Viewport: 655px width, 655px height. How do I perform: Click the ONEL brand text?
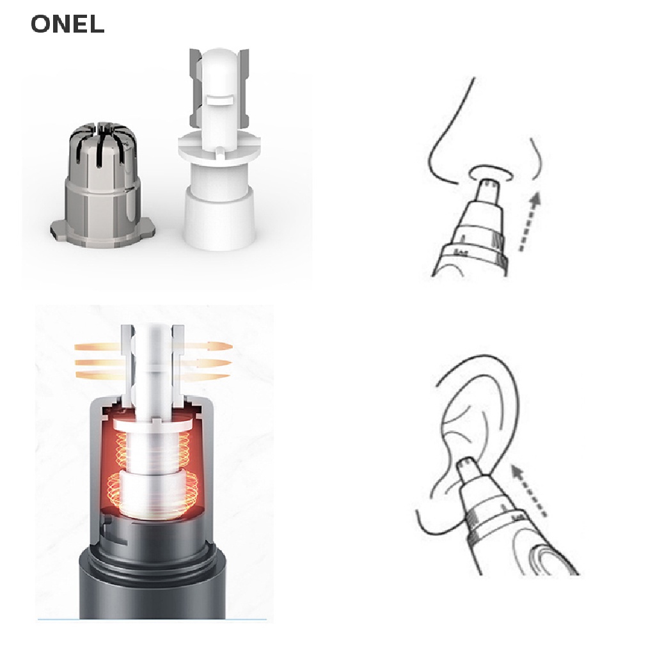[x=67, y=24]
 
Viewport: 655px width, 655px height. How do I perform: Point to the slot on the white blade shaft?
[x=220, y=100]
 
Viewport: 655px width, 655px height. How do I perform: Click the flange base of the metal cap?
[x=103, y=234]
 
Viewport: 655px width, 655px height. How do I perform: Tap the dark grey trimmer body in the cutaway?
[x=152, y=589]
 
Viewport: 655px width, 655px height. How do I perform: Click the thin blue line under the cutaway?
[x=152, y=619]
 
